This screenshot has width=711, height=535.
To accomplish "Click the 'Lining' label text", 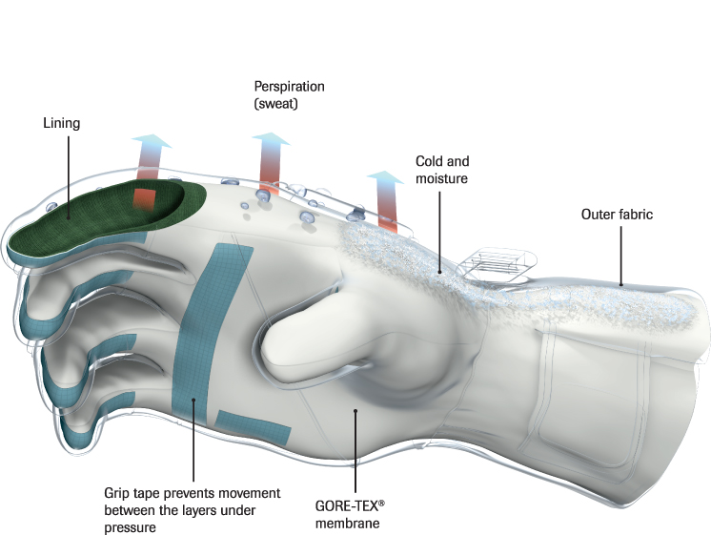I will pos(62,123).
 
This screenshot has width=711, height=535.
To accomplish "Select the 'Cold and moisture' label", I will pos(442,170).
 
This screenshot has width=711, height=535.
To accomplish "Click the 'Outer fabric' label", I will pos(617,215).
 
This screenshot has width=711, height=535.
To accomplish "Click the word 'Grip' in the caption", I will pos(115,493).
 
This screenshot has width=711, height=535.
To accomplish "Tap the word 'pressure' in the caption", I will pos(129,527).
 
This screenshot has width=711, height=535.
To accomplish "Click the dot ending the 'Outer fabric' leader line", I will pos(621,283).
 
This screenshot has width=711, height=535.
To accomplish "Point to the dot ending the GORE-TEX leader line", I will pos(355,410).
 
